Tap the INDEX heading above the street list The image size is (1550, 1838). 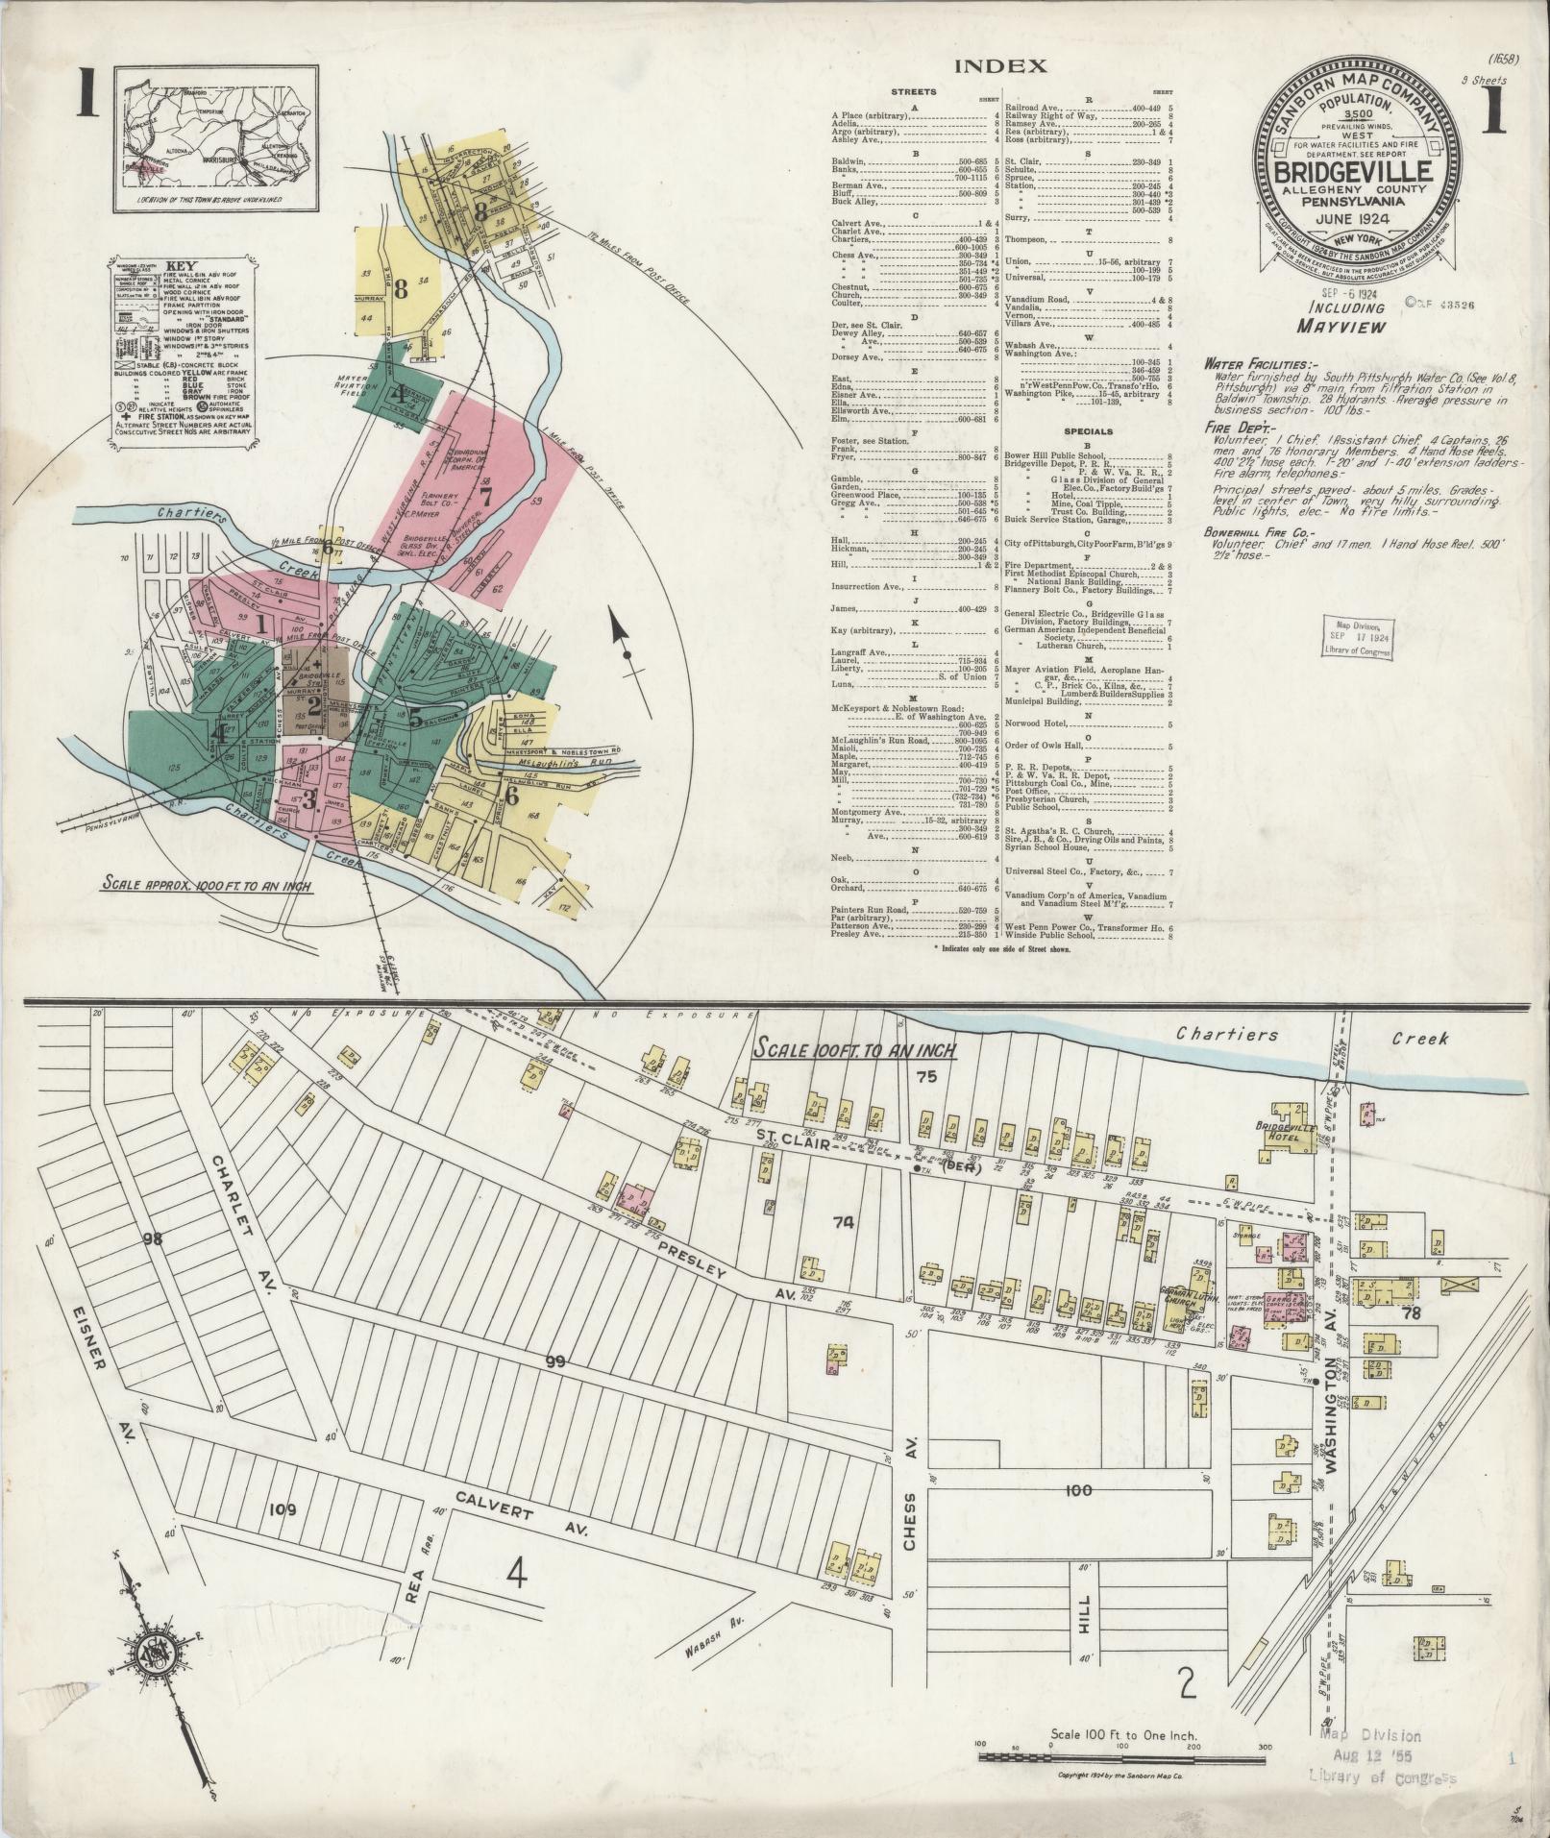[x=999, y=66]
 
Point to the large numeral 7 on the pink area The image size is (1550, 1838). [x=485, y=497]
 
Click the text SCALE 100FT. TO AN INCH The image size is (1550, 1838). [x=853, y=1049]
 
